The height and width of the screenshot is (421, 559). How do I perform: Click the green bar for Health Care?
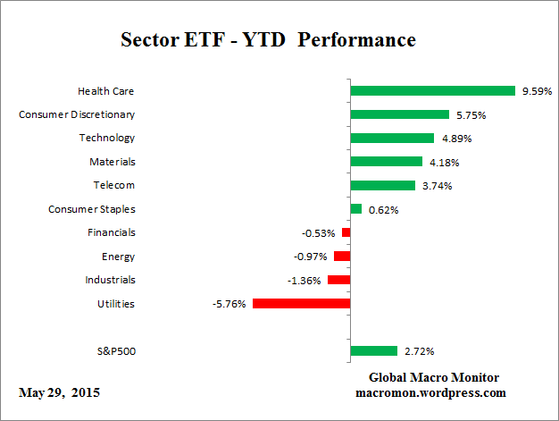(x=433, y=90)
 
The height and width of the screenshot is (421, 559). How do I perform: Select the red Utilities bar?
(x=301, y=304)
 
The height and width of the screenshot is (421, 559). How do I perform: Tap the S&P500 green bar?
(x=373, y=350)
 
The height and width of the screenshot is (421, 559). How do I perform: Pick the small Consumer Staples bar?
(x=356, y=209)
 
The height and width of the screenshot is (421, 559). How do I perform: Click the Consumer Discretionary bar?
(x=399, y=114)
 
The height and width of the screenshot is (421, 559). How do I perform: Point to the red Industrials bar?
(x=338, y=280)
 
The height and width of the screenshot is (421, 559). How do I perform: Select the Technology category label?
(x=106, y=138)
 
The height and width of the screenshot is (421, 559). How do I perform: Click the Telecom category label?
(x=114, y=185)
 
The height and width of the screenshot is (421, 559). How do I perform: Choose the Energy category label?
(x=118, y=257)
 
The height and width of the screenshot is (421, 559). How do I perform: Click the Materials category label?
(x=112, y=162)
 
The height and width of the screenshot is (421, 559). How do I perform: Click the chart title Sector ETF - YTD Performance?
(x=268, y=41)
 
